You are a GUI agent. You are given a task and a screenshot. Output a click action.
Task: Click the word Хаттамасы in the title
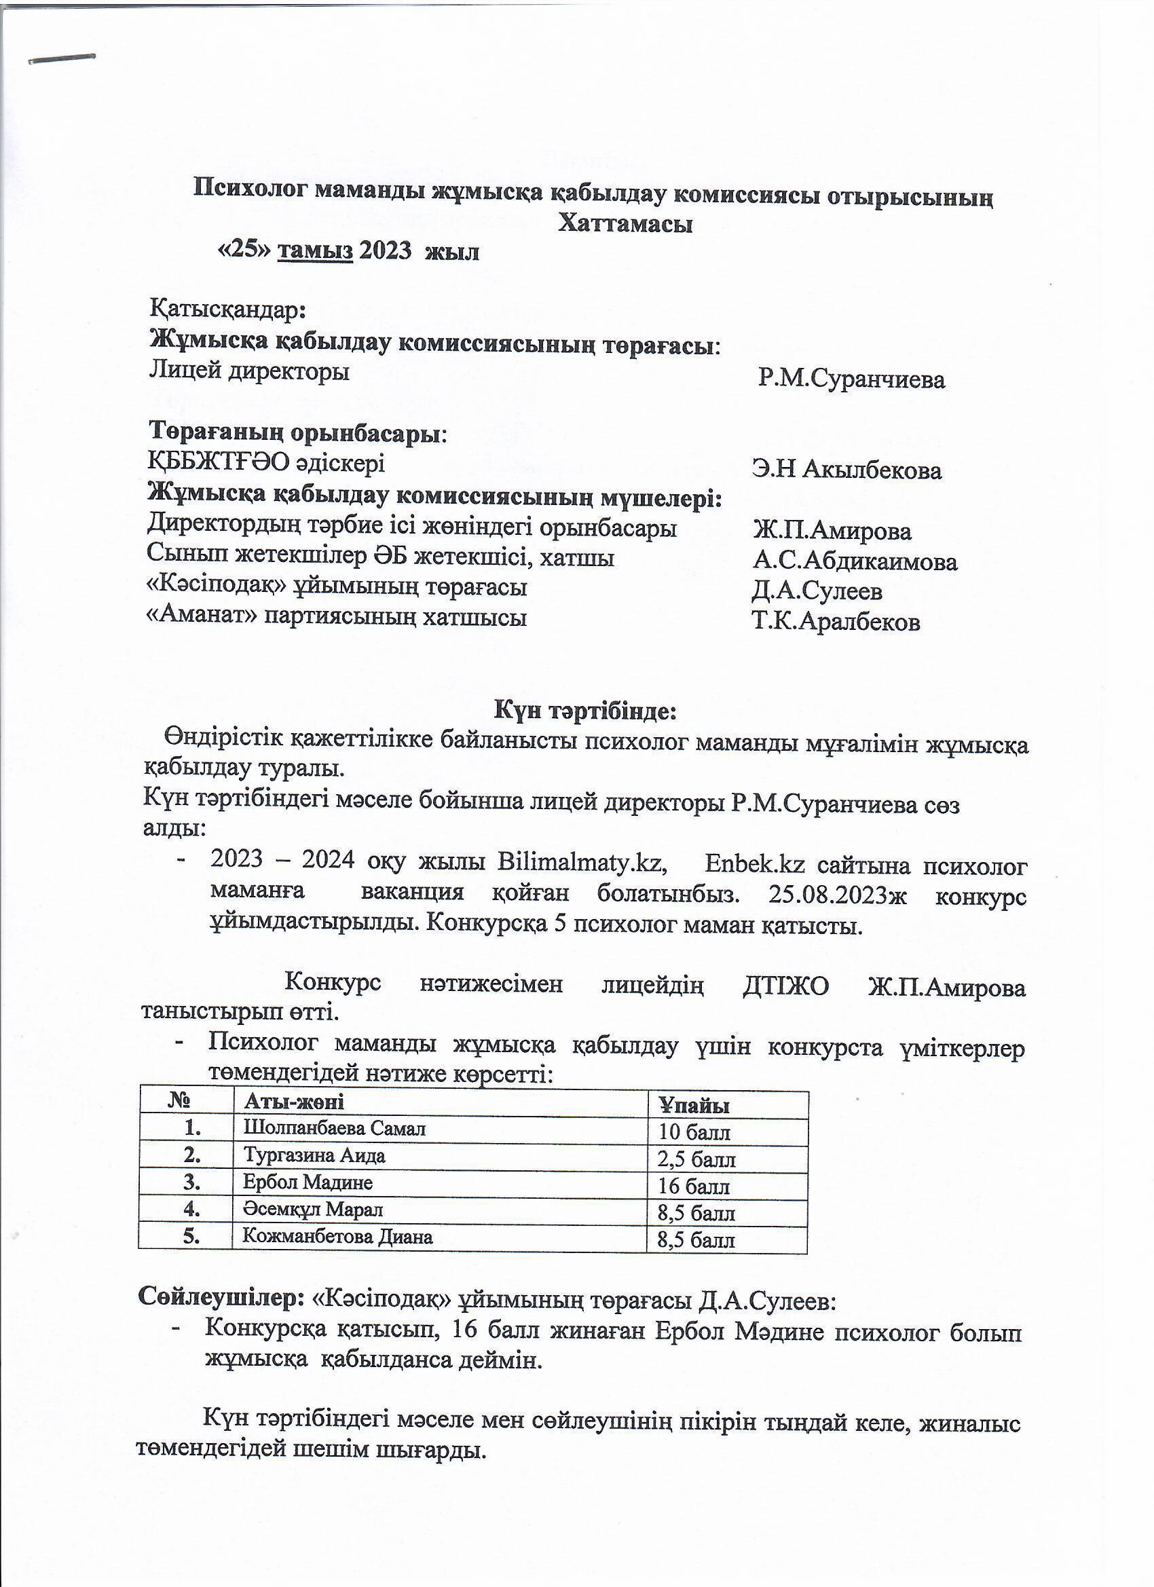click(625, 224)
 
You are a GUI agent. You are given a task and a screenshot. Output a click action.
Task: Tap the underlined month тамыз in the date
click(315, 250)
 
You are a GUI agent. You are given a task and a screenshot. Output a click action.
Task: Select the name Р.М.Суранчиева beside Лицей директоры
click(851, 379)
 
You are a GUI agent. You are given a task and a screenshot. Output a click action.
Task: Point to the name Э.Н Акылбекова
click(846, 470)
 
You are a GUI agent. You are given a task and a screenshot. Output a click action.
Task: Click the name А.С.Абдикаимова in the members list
click(855, 561)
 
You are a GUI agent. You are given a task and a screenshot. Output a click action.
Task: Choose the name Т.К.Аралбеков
click(836, 621)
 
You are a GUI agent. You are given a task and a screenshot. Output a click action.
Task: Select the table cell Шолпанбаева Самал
click(334, 1128)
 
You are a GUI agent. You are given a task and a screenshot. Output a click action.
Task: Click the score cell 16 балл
click(694, 1187)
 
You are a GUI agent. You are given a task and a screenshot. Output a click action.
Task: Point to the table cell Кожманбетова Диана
click(337, 1237)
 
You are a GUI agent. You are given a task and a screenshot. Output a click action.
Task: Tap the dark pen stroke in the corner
click(62, 59)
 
